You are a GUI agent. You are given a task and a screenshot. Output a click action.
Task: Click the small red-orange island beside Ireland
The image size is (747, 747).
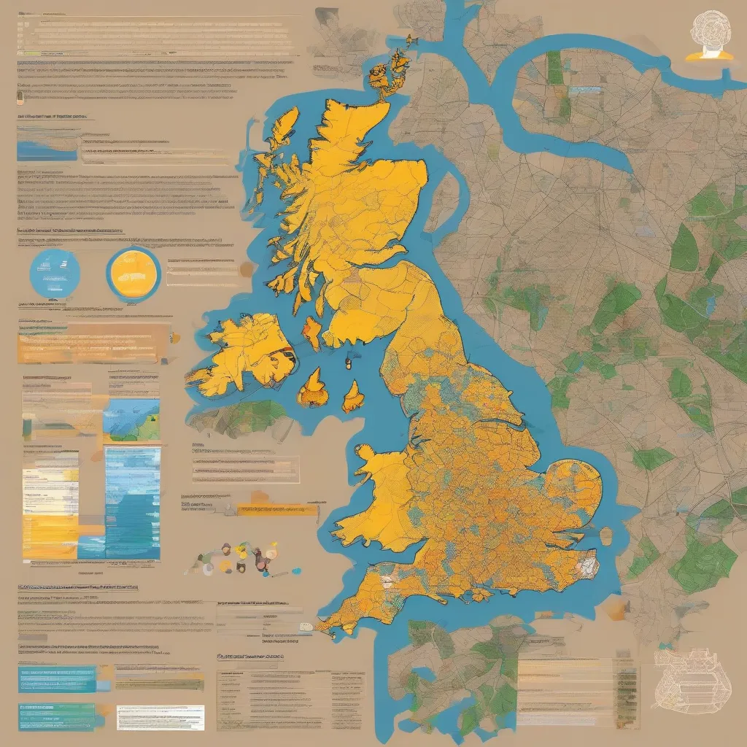312,333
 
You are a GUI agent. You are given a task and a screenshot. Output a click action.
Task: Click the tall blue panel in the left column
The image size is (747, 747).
133,503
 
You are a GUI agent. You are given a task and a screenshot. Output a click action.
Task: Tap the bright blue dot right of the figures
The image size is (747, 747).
295,569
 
